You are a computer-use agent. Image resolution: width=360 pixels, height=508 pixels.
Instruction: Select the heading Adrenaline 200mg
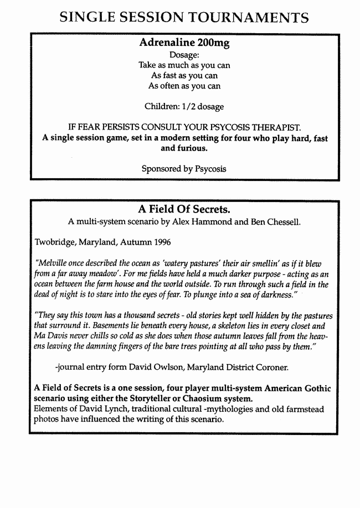coord(184,43)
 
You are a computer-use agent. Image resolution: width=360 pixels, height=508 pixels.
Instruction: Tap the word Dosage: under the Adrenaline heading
coord(184,55)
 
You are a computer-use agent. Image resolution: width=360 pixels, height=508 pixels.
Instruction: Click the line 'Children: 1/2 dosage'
coord(184,106)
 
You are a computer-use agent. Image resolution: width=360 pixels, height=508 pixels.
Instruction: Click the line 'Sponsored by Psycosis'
coord(184,168)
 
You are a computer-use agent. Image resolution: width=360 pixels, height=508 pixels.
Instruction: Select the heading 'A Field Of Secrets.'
coord(184,209)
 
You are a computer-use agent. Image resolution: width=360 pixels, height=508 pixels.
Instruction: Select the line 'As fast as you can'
coord(184,75)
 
